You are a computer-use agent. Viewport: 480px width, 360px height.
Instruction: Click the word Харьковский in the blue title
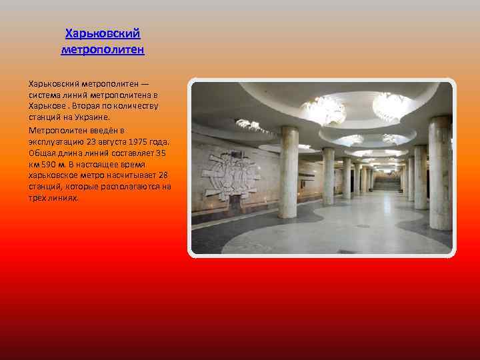103,33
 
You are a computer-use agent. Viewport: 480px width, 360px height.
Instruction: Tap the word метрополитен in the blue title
103,49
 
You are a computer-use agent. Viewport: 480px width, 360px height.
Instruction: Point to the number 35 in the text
160,153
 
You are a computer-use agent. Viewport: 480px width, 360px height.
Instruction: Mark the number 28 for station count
163,175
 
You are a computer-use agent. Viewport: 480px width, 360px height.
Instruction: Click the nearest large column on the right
439,173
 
